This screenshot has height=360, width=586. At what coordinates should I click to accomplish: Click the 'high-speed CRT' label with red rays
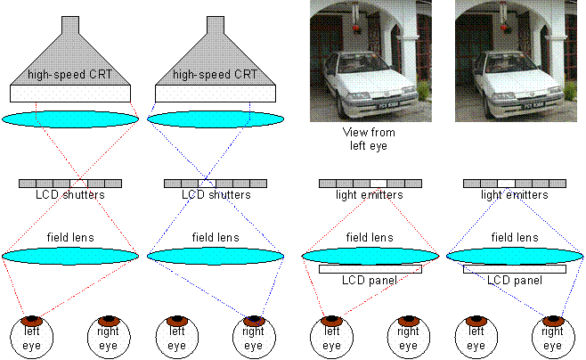coord(70,75)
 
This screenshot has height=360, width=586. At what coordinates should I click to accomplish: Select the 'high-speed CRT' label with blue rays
coord(216,75)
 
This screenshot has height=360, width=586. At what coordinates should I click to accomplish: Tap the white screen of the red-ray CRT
coord(70,93)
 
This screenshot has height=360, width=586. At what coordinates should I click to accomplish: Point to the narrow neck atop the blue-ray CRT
coord(216,25)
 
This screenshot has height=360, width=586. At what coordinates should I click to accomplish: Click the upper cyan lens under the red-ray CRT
coord(70,119)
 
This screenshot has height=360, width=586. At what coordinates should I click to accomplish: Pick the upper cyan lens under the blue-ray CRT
coord(216,119)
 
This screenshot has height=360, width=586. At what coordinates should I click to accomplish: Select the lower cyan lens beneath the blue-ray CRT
coord(216,256)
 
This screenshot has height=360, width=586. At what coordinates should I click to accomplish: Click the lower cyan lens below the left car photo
coord(370,256)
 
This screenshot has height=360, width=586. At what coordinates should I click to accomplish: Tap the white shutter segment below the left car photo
coord(378,184)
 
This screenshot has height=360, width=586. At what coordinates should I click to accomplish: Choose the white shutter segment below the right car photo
coord(506,184)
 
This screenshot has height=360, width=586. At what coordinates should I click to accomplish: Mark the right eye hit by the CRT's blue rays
coord(254,334)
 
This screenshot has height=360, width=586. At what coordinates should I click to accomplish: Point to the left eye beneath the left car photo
coord(331,334)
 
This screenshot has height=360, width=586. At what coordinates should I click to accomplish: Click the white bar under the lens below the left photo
coord(370,268)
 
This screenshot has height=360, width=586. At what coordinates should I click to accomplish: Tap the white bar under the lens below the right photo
coord(515,268)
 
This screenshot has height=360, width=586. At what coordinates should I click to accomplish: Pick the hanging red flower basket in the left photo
coord(356,28)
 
